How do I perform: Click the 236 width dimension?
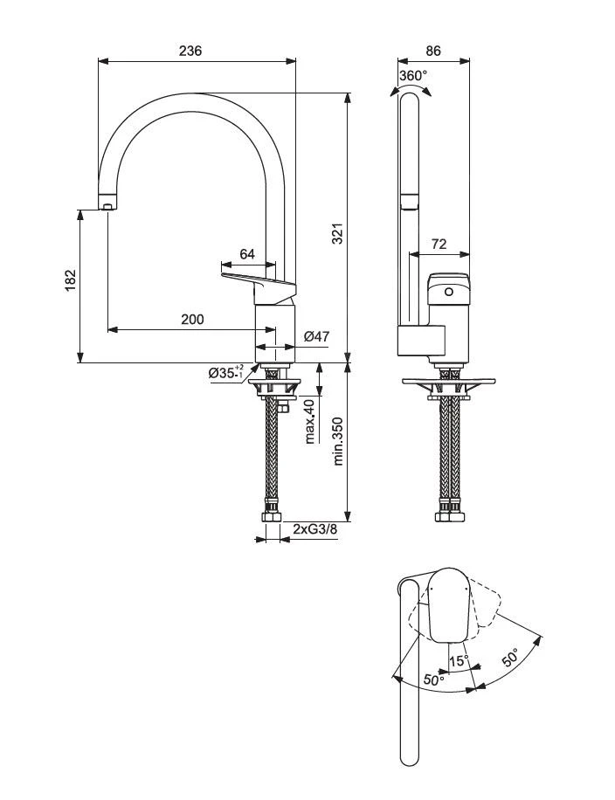click(x=190, y=51)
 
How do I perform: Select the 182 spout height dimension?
click(x=71, y=280)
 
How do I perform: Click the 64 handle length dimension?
click(x=246, y=254)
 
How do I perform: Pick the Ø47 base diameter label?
click(x=315, y=336)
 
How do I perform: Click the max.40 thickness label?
click(x=308, y=421)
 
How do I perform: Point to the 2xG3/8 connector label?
click(x=314, y=529)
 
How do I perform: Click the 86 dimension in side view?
click(x=433, y=51)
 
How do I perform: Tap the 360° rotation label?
click(x=413, y=76)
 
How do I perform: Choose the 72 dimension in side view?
click(x=439, y=245)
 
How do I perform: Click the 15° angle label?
click(x=459, y=660)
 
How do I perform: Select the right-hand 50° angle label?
click(x=510, y=658)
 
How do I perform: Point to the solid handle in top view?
click(x=451, y=603)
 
